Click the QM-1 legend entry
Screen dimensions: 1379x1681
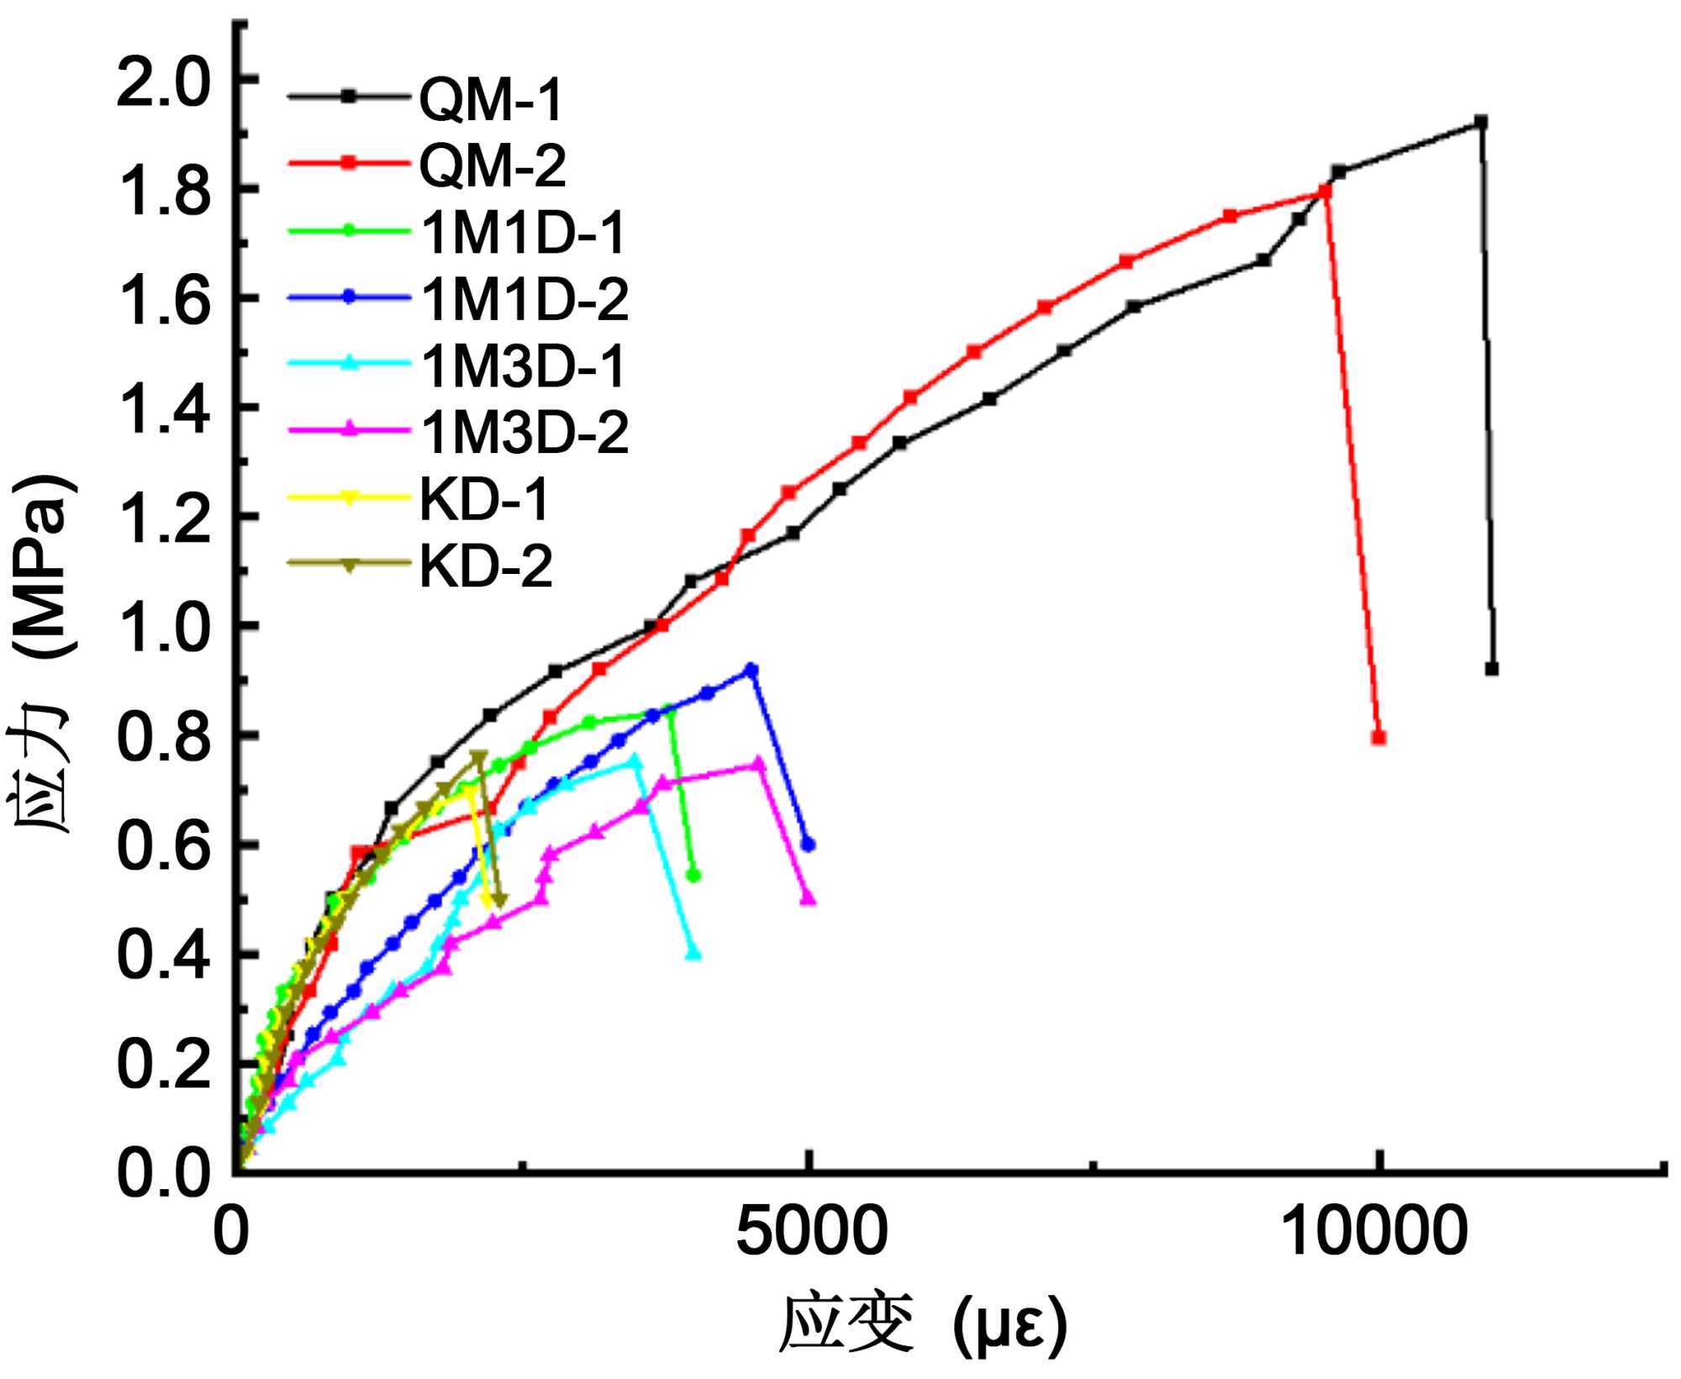pyautogui.click(x=490, y=99)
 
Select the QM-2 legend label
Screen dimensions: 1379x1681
pyautogui.click(x=492, y=165)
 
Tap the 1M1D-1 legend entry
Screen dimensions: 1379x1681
pyautogui.click(x=523, y=232)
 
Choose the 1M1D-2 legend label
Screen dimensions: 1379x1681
pyautogui.click(x=524, y=299)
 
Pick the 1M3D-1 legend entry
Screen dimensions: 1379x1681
pyautogui.click(x=523, y=366)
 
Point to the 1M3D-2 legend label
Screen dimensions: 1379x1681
pyautogui.click(x=524, y=433)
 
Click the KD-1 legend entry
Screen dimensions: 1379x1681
pyautogui.click(x=483, y=499)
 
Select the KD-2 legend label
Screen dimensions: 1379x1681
pyautogui.click(x=485, y=566)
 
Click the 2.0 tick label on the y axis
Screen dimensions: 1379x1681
pyautogui.click(x=162, y=82)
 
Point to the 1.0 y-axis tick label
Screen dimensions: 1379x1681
pyautogui.click(x=162, y=628)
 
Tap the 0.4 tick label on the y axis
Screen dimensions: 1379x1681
pyautogui.click(x=162, y=955)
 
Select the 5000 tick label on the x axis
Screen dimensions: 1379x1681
pyautogui.click(x=811, y=1233)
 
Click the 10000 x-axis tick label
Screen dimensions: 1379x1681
pyautogui.click(x=1375, y=1233)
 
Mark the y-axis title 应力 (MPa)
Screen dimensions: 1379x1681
pyautogui.click(x=42, y=655)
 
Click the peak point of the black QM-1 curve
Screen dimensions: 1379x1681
pyautogui.click(x=1481, y=123)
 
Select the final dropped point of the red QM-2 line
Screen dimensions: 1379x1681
pyautogui.click(x=1378, y=738)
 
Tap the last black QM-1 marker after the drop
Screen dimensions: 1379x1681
pyautogui.click(x=1492, y=669)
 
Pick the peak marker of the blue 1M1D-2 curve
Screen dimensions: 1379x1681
pyautogui.click(x=751, y=670)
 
